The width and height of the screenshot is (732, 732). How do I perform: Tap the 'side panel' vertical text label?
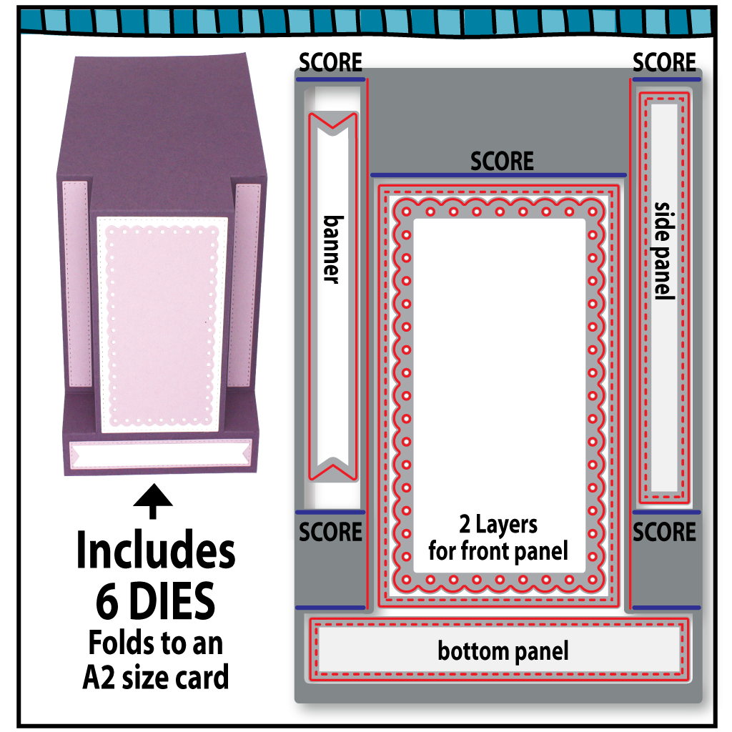664,250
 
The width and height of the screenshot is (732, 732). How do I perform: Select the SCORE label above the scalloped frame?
502,161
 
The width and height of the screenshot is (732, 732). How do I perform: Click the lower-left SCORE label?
330,533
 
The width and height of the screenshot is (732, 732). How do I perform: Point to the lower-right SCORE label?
664,533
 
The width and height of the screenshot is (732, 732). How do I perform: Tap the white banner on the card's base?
159,454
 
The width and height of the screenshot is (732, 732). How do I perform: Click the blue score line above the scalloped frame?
498,175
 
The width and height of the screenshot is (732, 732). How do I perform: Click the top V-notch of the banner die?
332,124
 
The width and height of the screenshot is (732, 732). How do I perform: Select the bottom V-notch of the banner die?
332,468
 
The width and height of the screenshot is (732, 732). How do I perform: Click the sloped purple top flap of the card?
161,114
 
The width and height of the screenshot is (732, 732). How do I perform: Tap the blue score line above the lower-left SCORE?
330,512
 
